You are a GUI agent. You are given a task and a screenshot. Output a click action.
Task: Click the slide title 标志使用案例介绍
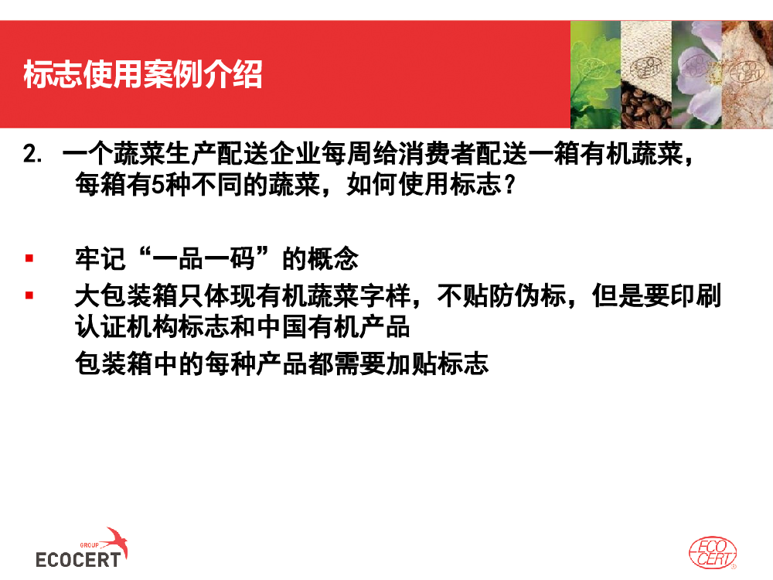point(143,74)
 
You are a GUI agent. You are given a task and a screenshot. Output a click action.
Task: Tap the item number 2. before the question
point(32,155)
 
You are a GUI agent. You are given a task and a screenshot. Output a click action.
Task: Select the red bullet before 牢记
point(29,258)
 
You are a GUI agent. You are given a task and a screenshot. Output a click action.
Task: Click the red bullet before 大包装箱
point(29,295)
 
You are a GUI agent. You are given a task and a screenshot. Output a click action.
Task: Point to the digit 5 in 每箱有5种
point(158,185)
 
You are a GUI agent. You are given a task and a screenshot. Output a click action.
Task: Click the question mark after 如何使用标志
point(510,185)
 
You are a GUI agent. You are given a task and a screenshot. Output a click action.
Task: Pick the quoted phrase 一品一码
point(203,259)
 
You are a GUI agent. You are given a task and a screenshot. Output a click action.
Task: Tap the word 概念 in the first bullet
point(332,259)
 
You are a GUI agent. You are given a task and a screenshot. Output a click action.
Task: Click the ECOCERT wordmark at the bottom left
point(78,560)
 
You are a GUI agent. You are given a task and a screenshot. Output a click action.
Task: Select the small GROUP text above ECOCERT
point(89,545)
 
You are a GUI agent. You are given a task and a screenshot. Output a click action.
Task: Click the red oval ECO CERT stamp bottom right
point(713,553)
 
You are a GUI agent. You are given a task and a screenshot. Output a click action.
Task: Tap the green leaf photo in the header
point(595,75)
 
